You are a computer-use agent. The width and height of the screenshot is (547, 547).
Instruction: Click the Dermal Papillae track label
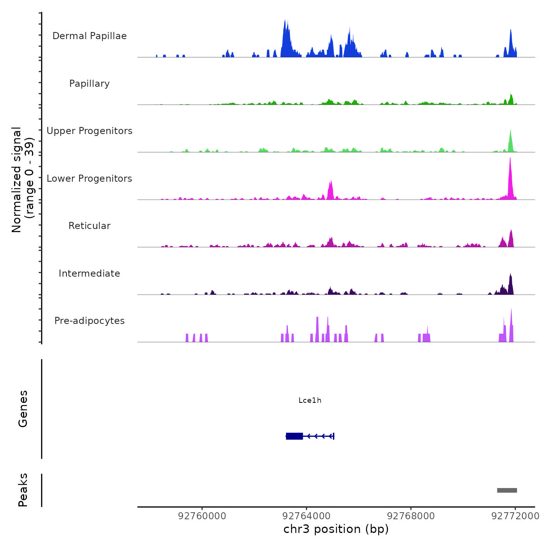click(89, 36)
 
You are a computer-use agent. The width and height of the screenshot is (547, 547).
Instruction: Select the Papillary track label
click(89, 84)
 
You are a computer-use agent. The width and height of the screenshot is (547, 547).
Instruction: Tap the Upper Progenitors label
click(89, 131)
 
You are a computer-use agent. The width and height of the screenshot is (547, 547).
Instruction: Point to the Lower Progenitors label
click(89, 179)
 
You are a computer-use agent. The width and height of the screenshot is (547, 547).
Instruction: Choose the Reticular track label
click(89, 226)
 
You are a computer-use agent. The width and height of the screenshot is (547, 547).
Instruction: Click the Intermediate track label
click(89, 273)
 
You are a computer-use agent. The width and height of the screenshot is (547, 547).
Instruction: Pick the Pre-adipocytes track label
click(89, 321)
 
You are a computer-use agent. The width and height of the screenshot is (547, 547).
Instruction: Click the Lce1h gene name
click(310, 400)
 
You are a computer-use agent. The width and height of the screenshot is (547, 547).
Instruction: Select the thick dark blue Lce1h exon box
click(295, 436)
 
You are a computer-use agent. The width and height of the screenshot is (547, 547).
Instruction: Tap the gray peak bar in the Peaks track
click(507, 490)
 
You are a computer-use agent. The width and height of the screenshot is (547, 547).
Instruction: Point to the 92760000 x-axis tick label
click(202, 516)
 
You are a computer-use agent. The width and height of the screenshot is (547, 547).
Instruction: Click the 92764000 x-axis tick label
click(306, 516)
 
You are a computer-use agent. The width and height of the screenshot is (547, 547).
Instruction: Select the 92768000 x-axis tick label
click(411, 516)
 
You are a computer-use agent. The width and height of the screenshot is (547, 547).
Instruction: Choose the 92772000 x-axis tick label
click(515, 516)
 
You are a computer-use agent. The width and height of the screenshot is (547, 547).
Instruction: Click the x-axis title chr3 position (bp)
click(336, 529)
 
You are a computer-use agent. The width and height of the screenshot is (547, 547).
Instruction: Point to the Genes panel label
click(23, 409)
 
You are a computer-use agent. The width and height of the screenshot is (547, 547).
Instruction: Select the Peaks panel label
click(23, 490)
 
